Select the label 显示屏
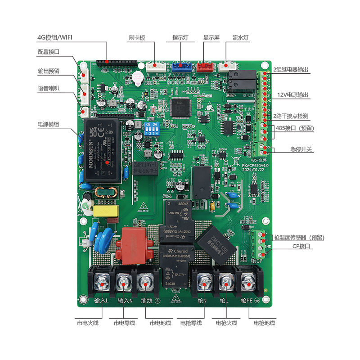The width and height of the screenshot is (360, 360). click(211, 38)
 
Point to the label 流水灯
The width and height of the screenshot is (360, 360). click(240, 38)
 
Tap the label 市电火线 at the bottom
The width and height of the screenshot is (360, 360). click(87, 323)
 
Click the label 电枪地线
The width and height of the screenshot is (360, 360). click(264, 323)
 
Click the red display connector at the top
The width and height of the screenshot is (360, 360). click(206, 67)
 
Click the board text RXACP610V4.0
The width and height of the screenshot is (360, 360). click(254, 166)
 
